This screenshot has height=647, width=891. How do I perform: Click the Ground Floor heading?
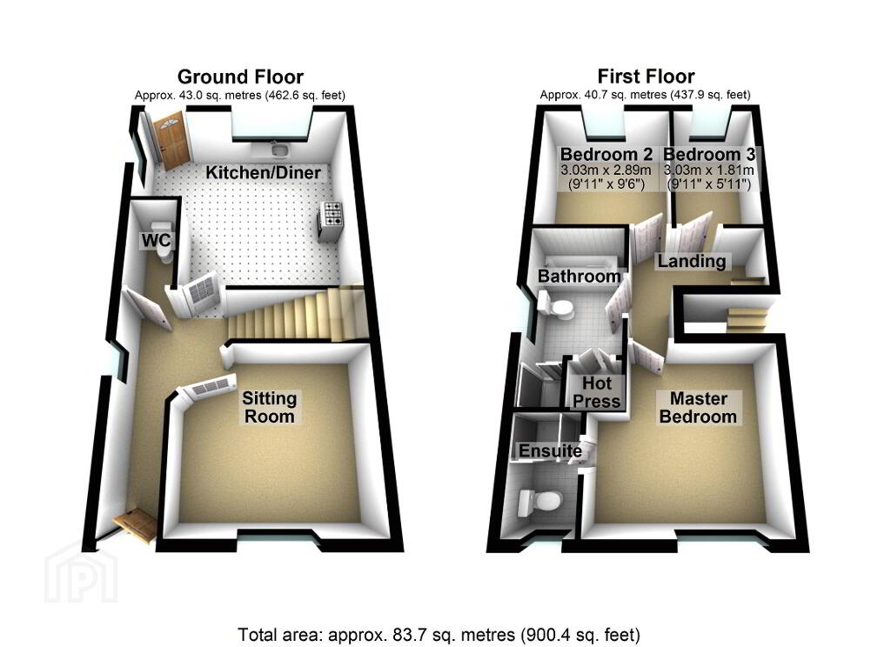pyautogui.click(x=240, y=77)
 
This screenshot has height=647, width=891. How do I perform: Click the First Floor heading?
pyautogui.click(x=646, y=77)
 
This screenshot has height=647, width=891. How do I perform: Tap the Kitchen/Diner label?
pyautogui.click(x=263, y=172)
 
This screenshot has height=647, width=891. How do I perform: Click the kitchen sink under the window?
pyautogui.click(x=279, y=150)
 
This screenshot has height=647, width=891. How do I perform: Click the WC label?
pyautogui.click(x=156, y=240)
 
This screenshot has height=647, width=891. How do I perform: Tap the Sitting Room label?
pyautogui.click(x=270, y=407)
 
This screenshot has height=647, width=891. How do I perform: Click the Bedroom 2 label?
pyautogui.click(x=606, y=154)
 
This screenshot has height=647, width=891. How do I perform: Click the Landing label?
pyautogui.click(x=692, y=261)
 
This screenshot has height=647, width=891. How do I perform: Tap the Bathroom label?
pyautogui.click(x=579, y=276)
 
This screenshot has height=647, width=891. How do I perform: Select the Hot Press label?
pyautogui.click(x=596, y=392)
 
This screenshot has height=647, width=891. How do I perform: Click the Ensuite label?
pyautogui.click(x=550, y=451)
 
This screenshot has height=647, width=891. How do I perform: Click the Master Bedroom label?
pyautogui.click(x=698, y=407)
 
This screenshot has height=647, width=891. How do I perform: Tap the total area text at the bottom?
pyautogui.click(x=439, y=634)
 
